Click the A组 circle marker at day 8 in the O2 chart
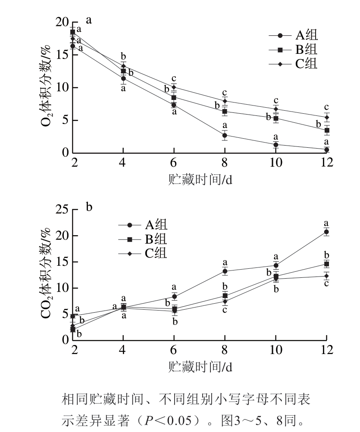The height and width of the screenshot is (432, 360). [x=225, y=135]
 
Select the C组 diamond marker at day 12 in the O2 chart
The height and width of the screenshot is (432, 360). [x=327, y=117]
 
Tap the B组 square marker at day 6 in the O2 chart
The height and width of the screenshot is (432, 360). [x=174, y=97]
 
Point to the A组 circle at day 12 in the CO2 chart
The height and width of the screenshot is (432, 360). [x=326, y=232]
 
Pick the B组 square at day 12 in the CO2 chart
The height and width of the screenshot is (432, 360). [x=327, y=264]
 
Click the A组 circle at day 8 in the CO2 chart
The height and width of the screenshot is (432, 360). [x=225, y=271]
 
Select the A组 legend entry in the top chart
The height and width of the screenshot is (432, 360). [x=293, y=35]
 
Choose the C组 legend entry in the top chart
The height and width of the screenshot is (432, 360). [x=293, y=64]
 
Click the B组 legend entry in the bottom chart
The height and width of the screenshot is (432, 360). [x=143, y=239]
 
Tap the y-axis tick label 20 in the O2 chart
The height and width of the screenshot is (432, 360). [x=62, y=22]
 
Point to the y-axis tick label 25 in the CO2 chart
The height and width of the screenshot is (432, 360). [x=62, y=209]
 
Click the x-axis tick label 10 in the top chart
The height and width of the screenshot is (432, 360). [x=276, y=162]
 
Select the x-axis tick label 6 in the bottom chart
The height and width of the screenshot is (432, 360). [x=173, y=350]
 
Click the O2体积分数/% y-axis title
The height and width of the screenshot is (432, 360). [x=46, y=85]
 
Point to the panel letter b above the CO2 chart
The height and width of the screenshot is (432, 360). [x=89, y=207]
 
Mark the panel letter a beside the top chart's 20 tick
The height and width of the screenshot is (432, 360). [x=88, y=20]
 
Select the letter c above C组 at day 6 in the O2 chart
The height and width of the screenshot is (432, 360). [x=173, y=79]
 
